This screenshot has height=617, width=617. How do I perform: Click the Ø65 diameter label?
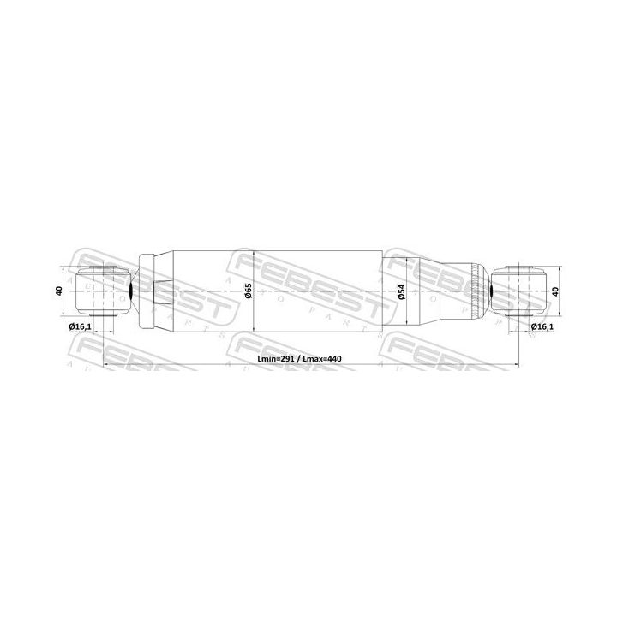click(x=247, y=292)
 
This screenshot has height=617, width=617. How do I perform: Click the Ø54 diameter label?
click(x=401, y=292)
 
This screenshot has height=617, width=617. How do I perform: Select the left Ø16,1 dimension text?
click(x=79, y=327)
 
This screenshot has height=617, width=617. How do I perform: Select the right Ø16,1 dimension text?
click(x=542, y=327)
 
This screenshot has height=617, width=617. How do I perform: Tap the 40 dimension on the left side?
click(x=59, y=292)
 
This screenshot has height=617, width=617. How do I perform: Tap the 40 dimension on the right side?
click(x=556, y=292)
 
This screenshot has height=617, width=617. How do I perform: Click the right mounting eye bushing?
click(x=521, y=291)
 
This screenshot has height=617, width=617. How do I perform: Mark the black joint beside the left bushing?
click(x=129, y=292)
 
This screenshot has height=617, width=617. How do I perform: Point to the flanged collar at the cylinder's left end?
click(x=146, y=291)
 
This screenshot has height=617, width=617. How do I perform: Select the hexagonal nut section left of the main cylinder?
click(x=163, y=291)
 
